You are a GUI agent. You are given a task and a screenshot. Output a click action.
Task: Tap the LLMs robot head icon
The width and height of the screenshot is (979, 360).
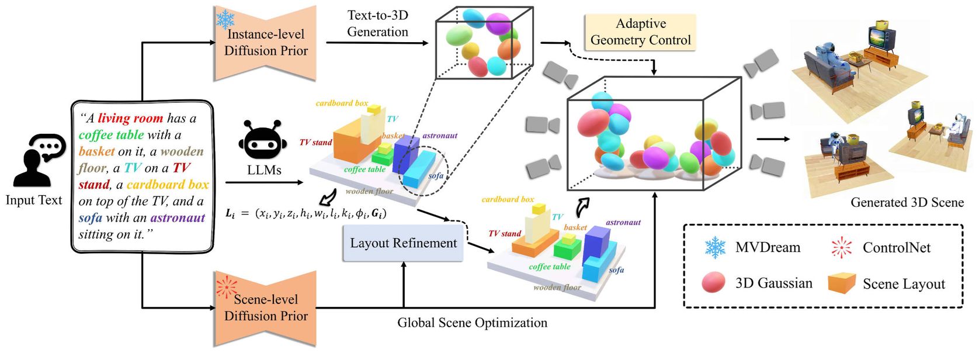click(x=263, y=141)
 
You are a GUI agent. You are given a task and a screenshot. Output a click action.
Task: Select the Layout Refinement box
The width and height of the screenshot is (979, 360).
click(x=403, y=243)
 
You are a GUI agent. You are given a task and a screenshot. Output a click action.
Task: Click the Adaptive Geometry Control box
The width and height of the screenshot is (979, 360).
click(x=640, y=32)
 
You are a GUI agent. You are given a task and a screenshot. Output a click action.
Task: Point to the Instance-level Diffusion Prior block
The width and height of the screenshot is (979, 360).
click(x=266, y=43)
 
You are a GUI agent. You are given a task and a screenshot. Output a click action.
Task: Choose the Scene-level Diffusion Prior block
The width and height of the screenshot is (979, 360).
click(x=266, y=308)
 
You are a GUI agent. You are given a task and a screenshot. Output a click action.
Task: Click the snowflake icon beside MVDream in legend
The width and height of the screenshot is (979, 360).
click(x=715, y=248)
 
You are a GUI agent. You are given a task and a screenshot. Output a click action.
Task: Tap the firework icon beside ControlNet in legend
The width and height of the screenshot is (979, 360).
click(x=842, y=248)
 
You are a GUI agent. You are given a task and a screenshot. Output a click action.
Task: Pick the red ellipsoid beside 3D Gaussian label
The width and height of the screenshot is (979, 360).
click(x=713, y=283)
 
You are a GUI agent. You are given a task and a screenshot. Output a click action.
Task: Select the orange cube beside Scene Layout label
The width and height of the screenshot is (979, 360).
click(x=842, y=283)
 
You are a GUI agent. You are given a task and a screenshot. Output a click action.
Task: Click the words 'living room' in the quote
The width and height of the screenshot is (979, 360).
click(x=130, y=118)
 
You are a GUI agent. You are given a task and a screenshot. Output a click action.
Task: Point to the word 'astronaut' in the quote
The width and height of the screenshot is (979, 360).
click(x=178, y=218)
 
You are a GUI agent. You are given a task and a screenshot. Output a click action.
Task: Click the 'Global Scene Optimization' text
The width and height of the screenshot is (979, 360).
click(x=472, y=323)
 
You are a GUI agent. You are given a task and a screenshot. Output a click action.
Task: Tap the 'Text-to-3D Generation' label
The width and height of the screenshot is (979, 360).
click(x=377, y=24)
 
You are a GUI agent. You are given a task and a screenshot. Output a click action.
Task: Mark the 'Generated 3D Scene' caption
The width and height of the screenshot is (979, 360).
click(x=907, y=202)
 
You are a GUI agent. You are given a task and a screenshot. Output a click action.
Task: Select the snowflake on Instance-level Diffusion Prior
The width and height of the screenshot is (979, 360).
click(x=225, y=19)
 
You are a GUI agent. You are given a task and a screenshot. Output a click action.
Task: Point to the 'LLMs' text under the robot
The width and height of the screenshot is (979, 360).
click(x=264, y=169)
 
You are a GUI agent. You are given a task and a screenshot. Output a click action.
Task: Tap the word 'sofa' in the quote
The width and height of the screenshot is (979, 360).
click(x=90, y=218)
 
